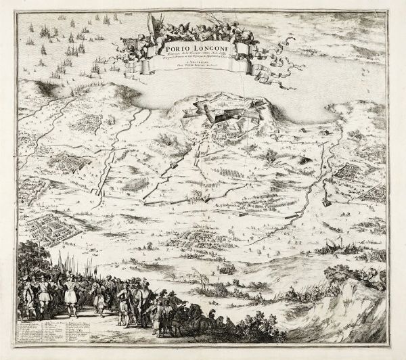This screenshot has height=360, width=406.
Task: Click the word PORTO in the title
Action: click(173, 47)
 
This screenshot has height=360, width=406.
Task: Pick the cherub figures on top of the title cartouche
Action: click(203, 24)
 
